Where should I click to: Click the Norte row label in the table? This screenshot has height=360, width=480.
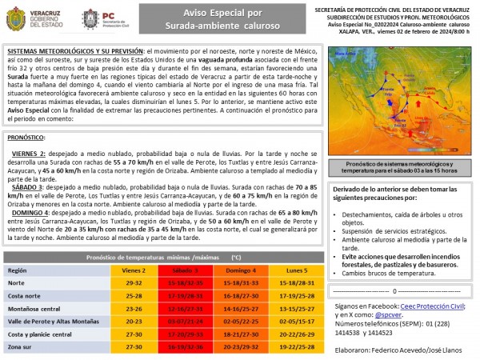17,283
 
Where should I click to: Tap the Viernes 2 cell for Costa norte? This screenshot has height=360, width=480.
134,296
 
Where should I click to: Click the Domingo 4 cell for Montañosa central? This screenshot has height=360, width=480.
240,309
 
